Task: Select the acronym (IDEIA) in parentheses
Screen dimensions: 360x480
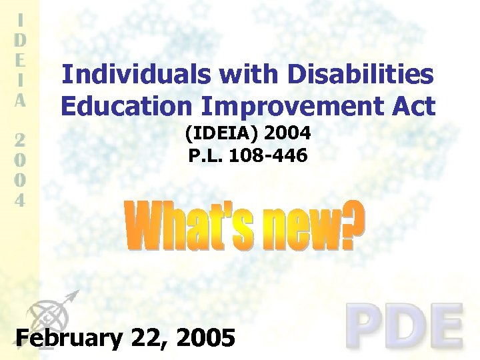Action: click(222, 135)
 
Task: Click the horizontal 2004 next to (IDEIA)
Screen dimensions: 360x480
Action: click(287, 135)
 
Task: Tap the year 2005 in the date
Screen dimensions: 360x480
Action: click(206, 338)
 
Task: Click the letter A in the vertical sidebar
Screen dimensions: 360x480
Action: click(21, 101)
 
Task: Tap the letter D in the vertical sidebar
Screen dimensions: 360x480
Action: click(21, 39)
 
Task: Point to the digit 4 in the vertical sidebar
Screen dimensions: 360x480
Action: click(21, 199)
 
